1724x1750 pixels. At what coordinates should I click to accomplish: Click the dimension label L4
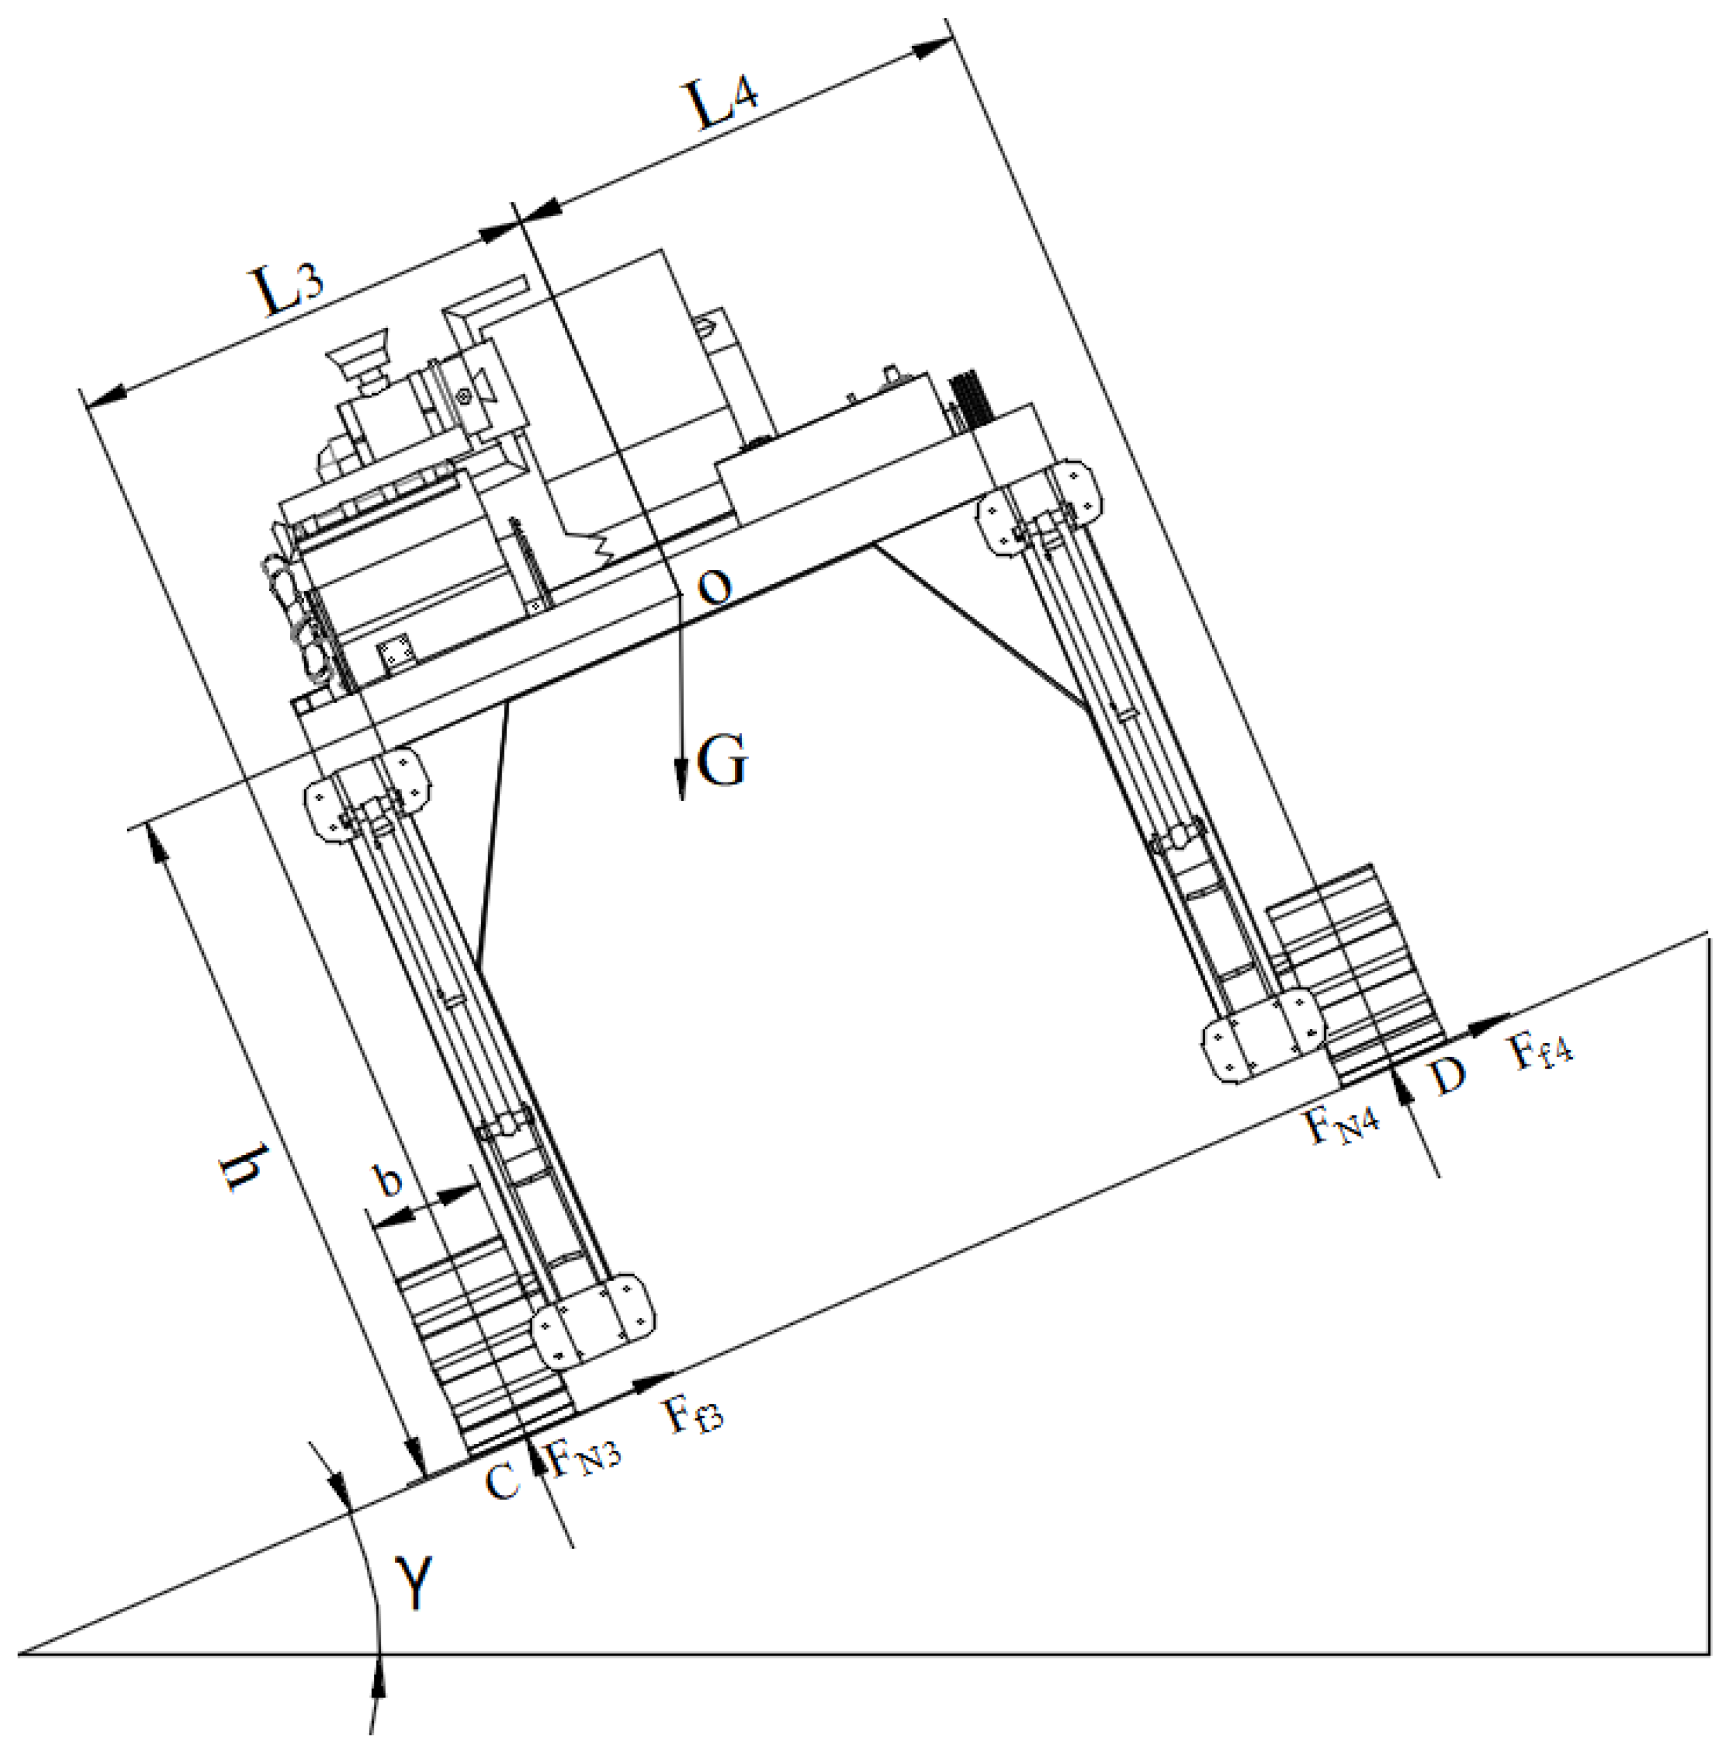coord(725,104)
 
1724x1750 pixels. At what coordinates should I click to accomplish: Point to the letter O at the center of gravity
coord(714,588)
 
